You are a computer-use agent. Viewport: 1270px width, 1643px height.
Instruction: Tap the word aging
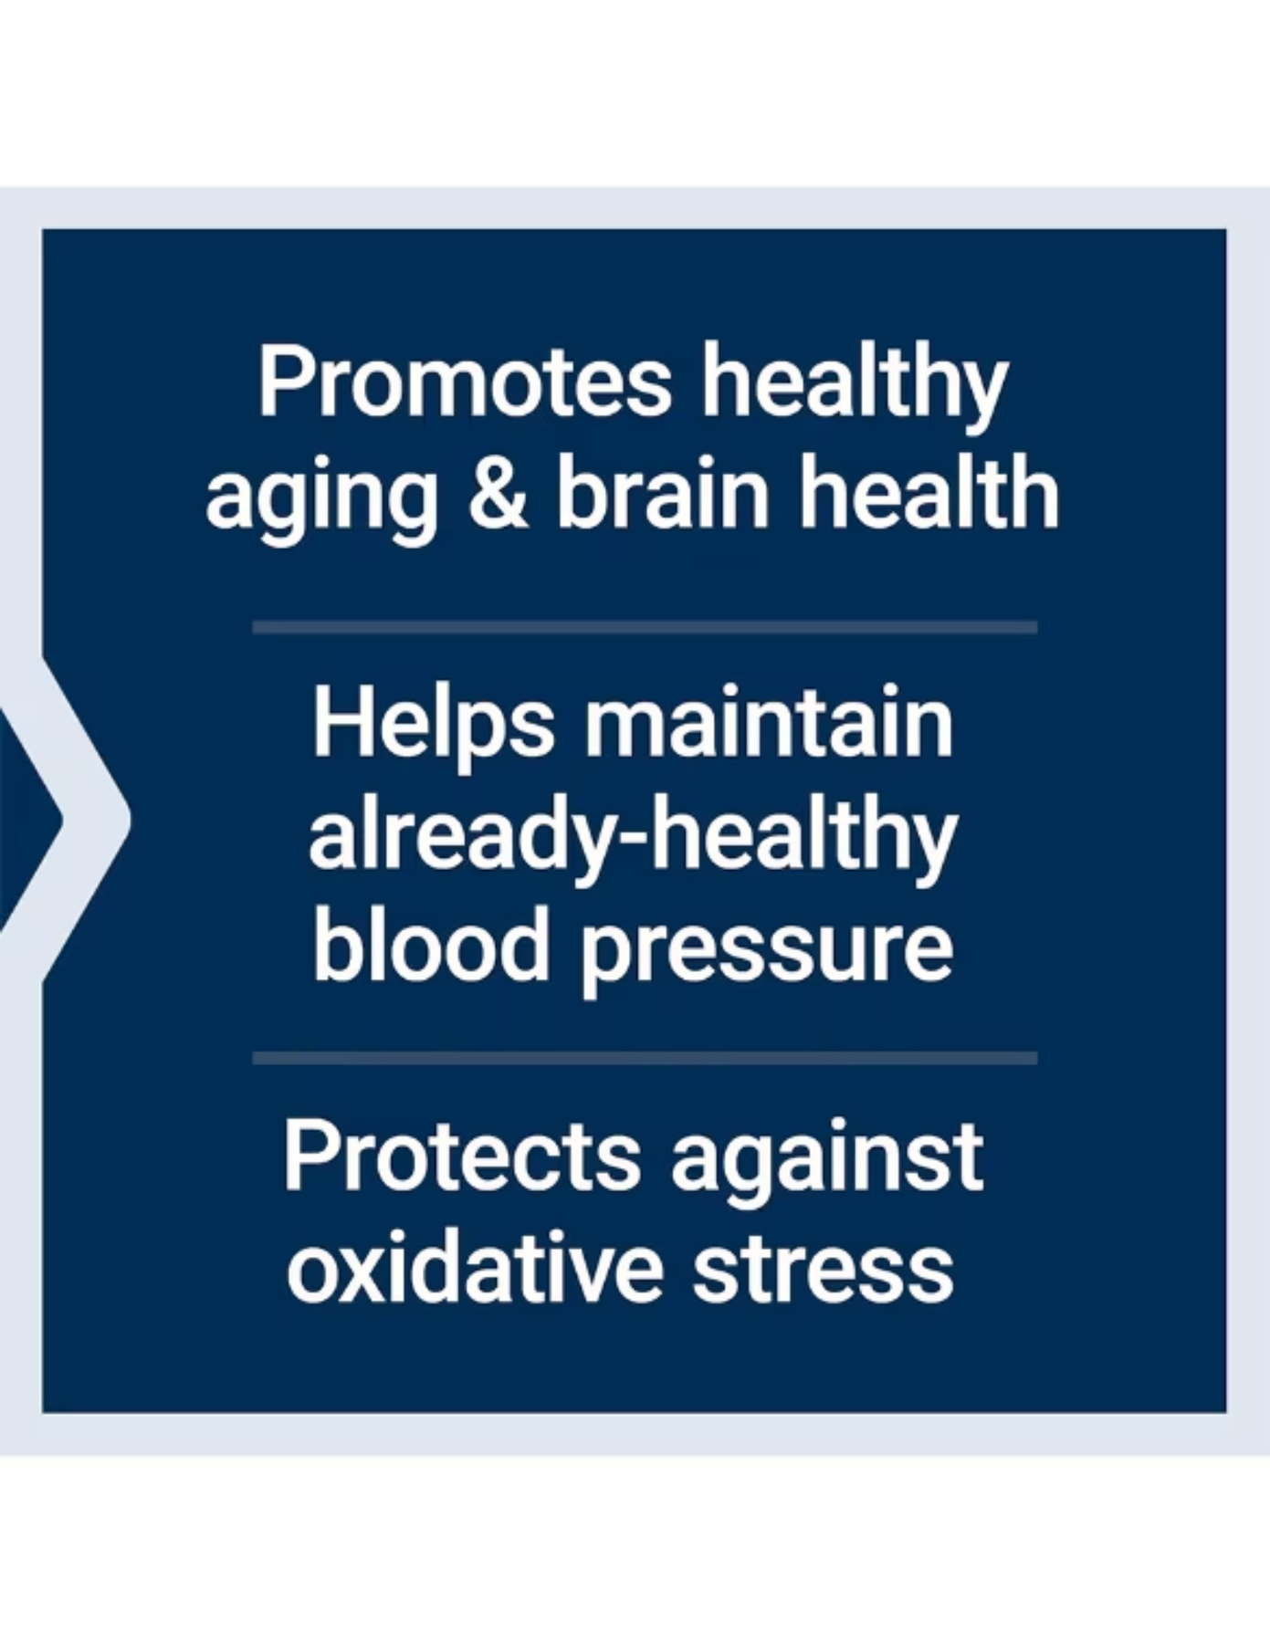tap(321, 500)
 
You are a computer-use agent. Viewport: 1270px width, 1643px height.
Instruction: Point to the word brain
tap(664, 492)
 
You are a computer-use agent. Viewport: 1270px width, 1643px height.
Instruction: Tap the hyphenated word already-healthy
tap(634, 839)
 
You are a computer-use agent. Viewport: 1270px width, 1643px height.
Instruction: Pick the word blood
tap(430, 945)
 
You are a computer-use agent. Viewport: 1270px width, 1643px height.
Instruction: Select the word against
tap(827, 1163)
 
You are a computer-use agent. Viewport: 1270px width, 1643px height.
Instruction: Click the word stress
tap(824, 1269)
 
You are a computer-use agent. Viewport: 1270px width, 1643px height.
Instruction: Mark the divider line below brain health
tap(645, 628)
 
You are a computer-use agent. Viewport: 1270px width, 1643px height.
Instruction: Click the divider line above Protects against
tap(645, 1059)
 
